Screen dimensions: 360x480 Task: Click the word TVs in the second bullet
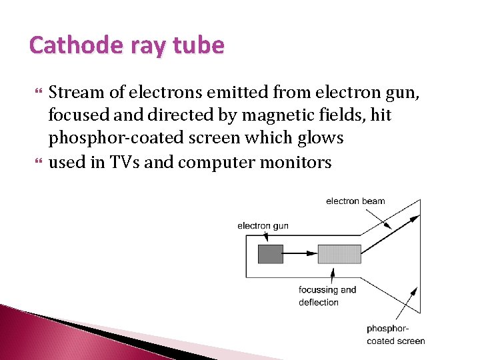pos(122,161)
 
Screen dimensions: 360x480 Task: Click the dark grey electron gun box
pos(270,253)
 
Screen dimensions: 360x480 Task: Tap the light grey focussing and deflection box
pos(339,253)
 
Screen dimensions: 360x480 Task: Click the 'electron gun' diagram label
pos(263,225)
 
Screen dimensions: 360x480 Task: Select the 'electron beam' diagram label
pos(355,201)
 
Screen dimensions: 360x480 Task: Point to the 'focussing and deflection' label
pos(327,296)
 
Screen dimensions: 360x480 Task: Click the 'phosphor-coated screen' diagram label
pos(395,334)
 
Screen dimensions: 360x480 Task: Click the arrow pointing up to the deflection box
pos(333,274)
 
